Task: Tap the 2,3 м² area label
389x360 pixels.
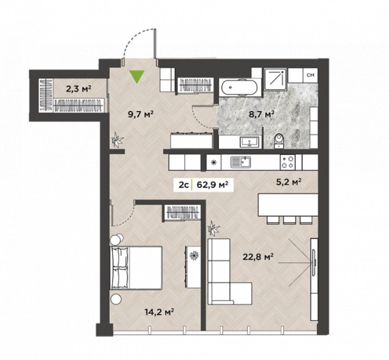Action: point(79,88)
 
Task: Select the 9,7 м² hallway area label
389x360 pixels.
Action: point(141,114)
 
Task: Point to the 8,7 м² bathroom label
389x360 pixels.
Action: point(261,114)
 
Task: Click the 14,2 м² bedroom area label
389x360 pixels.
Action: point(159,311)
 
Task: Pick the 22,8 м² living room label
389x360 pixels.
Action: point(258,257)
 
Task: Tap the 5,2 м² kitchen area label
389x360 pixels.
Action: point(289,182)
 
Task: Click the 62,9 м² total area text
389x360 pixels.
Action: point(212,185)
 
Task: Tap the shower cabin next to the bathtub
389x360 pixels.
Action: point(275,79)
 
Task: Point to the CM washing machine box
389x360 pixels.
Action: point(310,75)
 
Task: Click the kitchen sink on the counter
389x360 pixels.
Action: point(240,162)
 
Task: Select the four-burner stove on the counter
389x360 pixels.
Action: point(288,162)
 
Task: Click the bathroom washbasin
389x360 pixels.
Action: point(249,142)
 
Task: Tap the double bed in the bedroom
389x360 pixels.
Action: point(136,268)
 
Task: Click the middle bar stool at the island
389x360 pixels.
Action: point(289,220)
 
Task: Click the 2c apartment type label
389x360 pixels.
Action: point(185,185)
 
